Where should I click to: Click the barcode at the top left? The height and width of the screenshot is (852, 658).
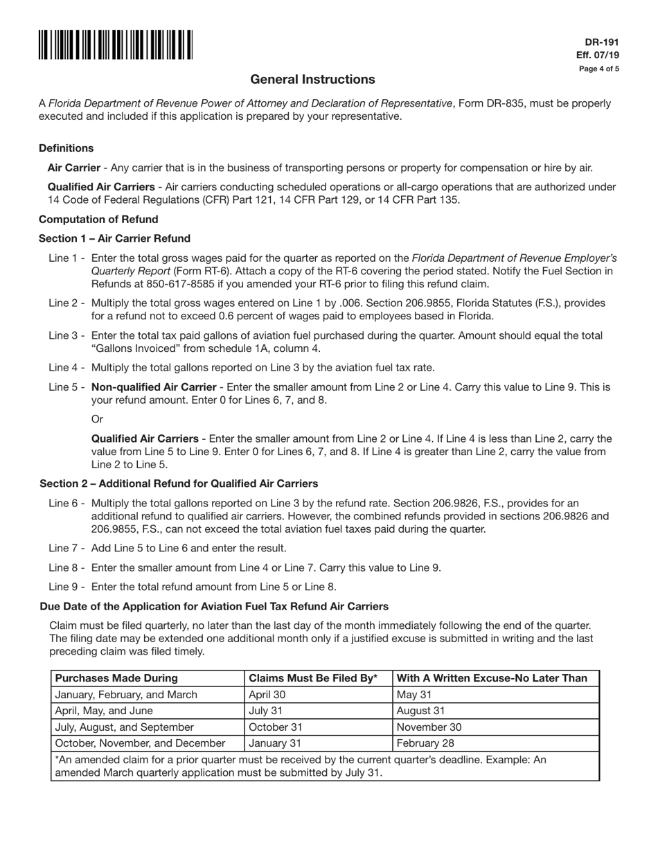pos(116,45)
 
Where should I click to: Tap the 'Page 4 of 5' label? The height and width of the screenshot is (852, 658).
pos(599,69)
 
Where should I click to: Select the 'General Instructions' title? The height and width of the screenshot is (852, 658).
pos(312,80)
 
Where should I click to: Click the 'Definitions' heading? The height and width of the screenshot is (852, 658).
pos(66,148)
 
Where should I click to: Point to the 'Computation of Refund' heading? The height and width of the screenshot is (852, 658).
pos(98,220)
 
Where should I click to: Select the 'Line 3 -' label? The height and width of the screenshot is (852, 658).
pos(66,336)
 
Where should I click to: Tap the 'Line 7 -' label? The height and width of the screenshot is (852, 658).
pos(66,549)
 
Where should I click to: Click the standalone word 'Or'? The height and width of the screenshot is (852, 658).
pos(98,420)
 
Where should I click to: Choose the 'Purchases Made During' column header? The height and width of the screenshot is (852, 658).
pos(116,678)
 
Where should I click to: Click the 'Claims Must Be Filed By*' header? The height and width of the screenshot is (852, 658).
pos(313,678)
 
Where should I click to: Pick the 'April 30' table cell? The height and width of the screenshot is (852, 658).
pos(267,695)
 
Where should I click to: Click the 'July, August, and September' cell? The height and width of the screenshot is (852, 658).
pos(125,727)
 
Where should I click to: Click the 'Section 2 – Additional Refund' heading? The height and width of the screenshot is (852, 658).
pos(179,483)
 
